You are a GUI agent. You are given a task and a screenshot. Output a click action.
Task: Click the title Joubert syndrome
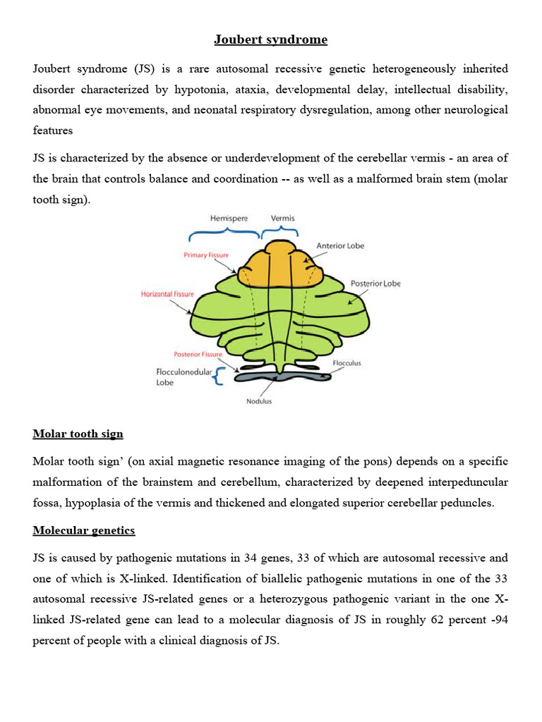(271, 39)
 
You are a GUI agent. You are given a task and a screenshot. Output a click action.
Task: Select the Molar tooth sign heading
(78, 433)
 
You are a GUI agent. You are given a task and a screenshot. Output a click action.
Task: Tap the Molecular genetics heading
(83, 530)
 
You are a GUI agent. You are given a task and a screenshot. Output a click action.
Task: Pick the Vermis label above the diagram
(282, 219)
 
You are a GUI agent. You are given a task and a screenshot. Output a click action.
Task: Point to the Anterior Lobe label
(340, 246)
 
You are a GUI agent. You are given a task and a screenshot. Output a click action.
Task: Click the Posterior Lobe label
(375, 283)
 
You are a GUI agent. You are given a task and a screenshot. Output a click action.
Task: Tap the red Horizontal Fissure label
(167, 293)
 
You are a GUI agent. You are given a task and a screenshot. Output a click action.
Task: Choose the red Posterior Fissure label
(198, 354)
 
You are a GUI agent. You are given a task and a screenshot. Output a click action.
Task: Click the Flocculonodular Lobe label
(183, 377)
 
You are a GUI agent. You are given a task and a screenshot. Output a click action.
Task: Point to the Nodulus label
(259, 401)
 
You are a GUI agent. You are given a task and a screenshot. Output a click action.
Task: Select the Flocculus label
(347, 363)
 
